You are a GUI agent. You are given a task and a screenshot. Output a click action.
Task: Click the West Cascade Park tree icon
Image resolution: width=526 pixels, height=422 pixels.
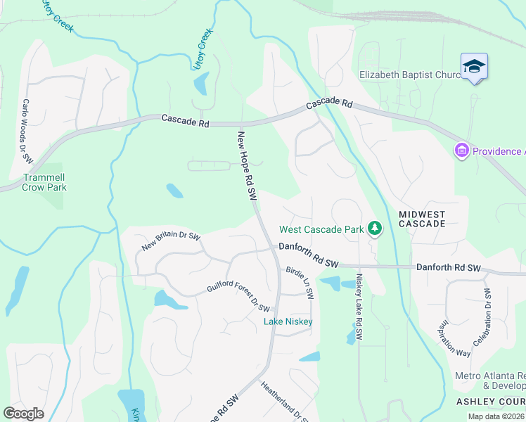pyautogui.click(x=375, y=228)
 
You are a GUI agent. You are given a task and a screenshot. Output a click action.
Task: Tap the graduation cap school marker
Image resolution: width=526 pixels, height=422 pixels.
pyautogui.click(x=474, y=67)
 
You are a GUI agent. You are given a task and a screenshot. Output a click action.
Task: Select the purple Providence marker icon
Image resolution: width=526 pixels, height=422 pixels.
pyautogui.click(x=461, y=151)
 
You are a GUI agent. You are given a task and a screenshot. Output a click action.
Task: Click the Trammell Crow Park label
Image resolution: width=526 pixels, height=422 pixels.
pyautogui.click(x=44, y=183)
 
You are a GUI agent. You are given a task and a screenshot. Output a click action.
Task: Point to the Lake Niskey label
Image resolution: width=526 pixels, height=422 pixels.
pyautogui.click(x=288, y=321)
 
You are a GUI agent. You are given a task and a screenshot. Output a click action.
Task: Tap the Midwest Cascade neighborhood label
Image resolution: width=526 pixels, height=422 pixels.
pyautogui.click(x=422, y=218)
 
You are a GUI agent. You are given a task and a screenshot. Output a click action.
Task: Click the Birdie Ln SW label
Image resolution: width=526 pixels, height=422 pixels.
pyautogui.click(x=300, y=281)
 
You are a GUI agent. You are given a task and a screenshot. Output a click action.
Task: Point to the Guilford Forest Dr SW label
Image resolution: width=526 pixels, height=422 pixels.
pyautogui.click(x=238, y=298)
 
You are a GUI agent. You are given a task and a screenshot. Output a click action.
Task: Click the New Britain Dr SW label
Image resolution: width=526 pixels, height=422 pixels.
pyautogui.click(x=171, y=241)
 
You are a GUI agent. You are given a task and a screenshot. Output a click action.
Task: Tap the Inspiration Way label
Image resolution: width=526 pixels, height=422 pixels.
pyautogui.click(x=454, y=339)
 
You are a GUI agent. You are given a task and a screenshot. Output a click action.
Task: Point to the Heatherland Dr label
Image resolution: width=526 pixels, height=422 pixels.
pyautogui.click(x=284, y=402)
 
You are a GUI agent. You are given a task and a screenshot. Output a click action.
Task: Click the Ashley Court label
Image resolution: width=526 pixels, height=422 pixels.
pyautogui.click(x=490, y=401)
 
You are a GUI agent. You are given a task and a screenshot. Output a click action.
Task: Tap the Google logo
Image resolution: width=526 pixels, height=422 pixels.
pyautogui.click(x=23, y=414)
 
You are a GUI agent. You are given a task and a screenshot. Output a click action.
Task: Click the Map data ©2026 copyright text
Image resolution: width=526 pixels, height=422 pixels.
pyautogui.click(x=496, y=416)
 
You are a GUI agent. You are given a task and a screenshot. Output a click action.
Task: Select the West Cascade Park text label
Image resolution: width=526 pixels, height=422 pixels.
pyautogui.click(x=321, y=229)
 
